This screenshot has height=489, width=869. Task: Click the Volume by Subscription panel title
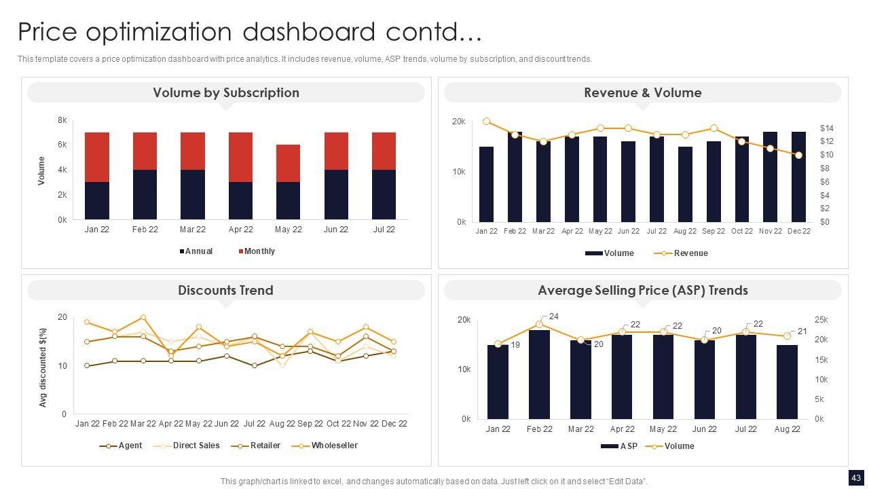coord(225,93)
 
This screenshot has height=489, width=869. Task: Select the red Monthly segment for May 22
coord(288,163)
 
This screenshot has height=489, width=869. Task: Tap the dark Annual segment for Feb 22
coord(145,194)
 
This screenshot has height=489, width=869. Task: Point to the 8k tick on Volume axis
coord(62,120)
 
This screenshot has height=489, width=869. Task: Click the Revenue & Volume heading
coord(642,93)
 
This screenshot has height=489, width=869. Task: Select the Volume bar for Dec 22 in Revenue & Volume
coord(798,177)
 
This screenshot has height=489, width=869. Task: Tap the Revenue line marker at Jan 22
coord(487,122)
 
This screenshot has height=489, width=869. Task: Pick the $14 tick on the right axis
coord(826,128)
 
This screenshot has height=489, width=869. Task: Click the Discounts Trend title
coord(225,291)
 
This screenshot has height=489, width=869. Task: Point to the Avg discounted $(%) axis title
coord(43,367)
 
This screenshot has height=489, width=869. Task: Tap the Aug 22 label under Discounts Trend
coord(282,424)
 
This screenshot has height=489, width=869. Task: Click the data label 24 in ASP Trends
coord(554,316)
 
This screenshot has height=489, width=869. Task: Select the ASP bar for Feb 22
coord(539,374)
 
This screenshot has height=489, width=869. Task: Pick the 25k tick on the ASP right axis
coord(821,320)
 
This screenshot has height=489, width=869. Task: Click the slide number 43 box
coord(855,477)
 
